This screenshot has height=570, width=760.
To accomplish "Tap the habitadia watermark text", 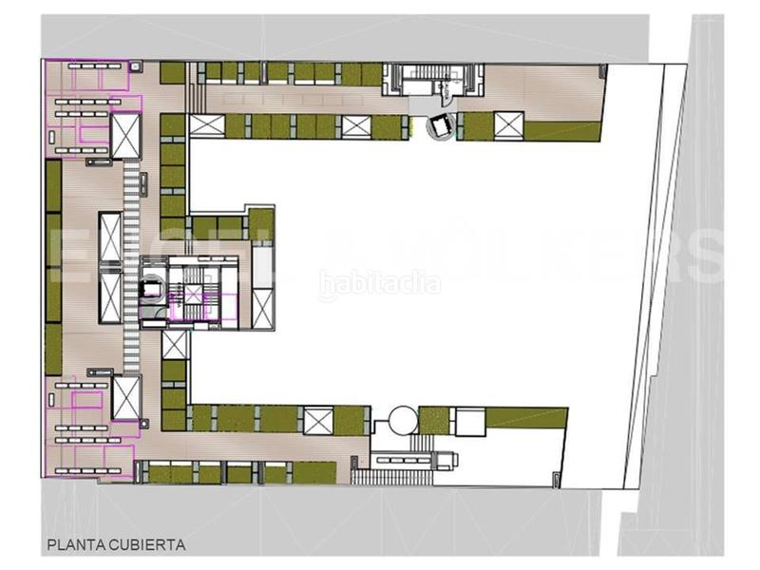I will pyautogui.click(x=379, y=283).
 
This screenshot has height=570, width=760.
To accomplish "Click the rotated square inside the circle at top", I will pyautogui.click(x=441, y=125).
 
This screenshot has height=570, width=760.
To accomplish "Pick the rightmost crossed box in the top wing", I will pyautogui.click(x=509, y=123).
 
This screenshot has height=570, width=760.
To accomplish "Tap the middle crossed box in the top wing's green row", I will pyautogui.click(x=354, y=125).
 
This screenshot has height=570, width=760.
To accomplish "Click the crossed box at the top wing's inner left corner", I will pyautogui.click(x=203, y=125).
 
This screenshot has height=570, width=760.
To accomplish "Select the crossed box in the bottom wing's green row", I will pyautogui.click(x=318, y=418).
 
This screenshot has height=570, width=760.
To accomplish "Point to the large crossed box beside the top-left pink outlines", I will pyautogui.click(x=125, y=136).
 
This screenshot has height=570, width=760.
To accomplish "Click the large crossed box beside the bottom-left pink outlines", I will pyautogui.click(x=125, y=396).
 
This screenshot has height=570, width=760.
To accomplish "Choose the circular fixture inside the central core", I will pyautogui.click(x=149, y=286).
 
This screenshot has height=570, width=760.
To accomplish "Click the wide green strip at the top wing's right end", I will pyautogui.click(x=562, y=131).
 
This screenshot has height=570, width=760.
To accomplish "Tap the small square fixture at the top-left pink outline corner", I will pyautogui.click(x=136, y=65).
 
